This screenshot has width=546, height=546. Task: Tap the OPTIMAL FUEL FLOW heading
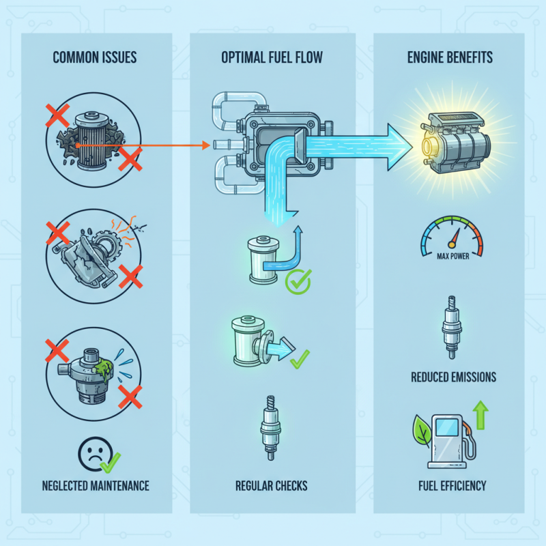coord(272,56)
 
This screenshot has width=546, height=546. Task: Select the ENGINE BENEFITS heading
coord(449,56)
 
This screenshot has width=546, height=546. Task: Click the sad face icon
coord(94,453)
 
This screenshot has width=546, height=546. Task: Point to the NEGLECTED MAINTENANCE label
coord(94,486)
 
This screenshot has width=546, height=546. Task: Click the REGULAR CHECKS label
coord(271,486)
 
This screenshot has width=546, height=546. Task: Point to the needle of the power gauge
coord(452,240)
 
